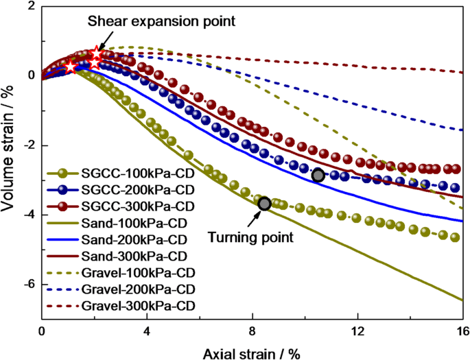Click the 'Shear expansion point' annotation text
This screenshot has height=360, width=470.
(161, 21)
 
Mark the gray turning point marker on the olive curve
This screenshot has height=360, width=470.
(264, 204)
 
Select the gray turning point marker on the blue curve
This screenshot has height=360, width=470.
(318, 175)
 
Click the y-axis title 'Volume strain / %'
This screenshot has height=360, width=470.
(10, 162)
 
